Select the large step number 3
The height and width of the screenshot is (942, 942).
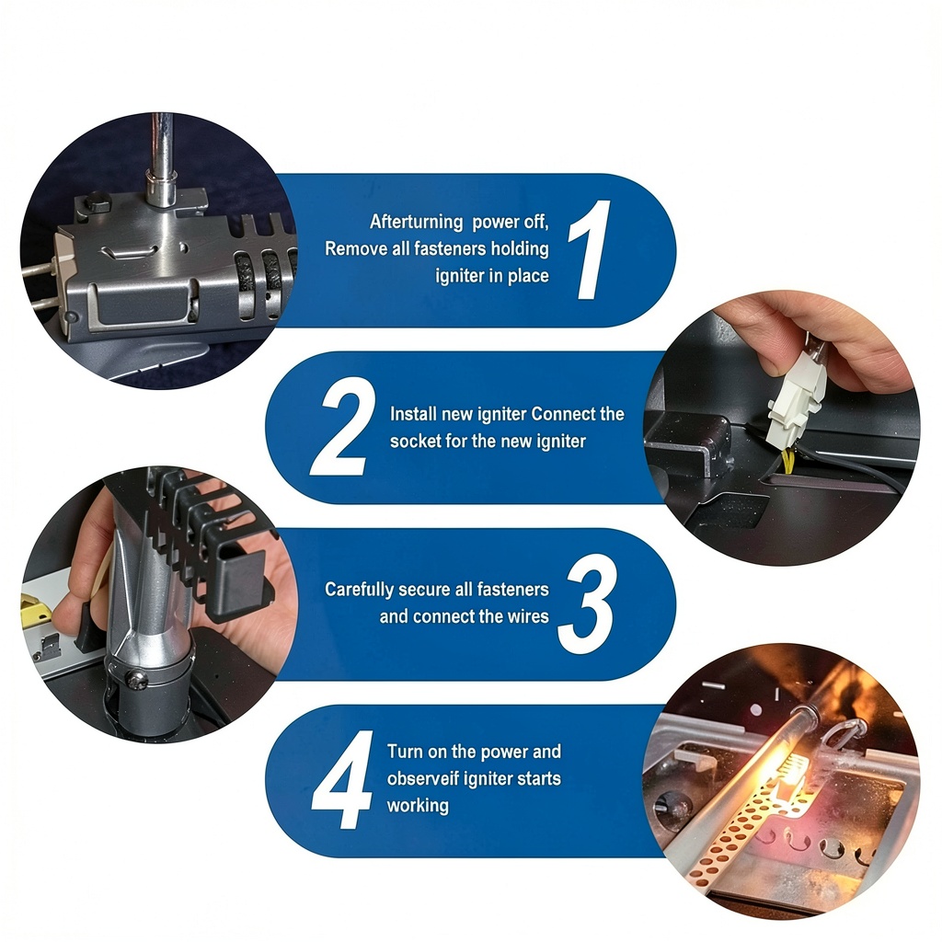pyautogui.click(x=586, y=605)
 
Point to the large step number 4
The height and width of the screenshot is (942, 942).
pyautogui.click(x=342, y=780)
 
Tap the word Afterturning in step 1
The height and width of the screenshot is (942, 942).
pyautogui.click(x=417, y=222)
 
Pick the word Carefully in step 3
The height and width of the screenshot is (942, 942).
pyautogui.click(x=359, y=590)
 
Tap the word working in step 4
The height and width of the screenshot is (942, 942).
pyautogui.click(x=418, y=806)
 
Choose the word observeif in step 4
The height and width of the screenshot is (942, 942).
pyautogui.click(x=423, y=778)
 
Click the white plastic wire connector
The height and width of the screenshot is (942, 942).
pyautogui.click(x=795, y=401)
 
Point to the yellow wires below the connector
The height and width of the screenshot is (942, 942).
pyautogui.click(x=787, y=460)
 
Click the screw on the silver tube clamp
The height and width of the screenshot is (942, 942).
pyautogui.click(x=137, y=679)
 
